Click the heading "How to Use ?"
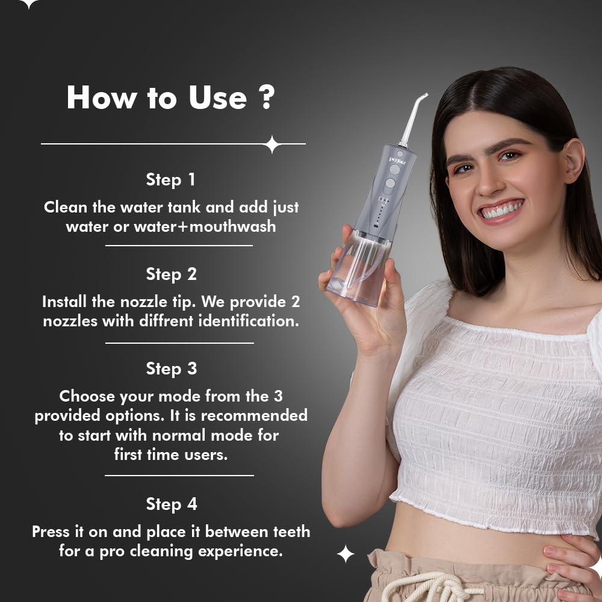click(x=171, y=98)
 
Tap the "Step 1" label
click(x=171, y=179)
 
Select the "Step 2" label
click(x=171, y=274)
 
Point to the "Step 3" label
click(x=171, y=368)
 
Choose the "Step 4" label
click(x=171, y=504)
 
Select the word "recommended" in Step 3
click(x=253, y=415)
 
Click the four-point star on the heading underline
click(x=272, y=144)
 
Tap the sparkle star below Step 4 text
click(x=346, y=554)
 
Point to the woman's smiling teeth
click(x=502, y=211)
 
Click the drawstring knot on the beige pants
click(x=421, y=587)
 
